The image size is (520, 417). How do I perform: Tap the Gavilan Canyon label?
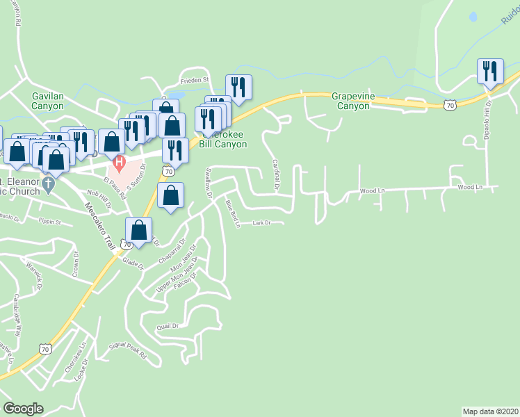[47, 101]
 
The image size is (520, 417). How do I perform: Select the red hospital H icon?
[119, 165]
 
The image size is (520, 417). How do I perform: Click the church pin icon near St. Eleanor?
[47, 185]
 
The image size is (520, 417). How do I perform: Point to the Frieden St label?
[195, 81]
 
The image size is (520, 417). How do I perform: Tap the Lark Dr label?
[261, 223]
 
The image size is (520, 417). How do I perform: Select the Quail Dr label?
[168, 325]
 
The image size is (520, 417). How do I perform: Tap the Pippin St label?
[50, 223]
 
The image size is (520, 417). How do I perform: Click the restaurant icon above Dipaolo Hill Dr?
[490, 72]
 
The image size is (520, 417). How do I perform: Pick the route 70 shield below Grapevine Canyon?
[450, 106]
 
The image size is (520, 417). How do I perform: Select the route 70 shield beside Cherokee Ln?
[45, 348]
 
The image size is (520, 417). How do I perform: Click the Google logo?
[23, 409]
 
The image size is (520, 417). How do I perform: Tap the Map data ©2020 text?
[490, 411]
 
